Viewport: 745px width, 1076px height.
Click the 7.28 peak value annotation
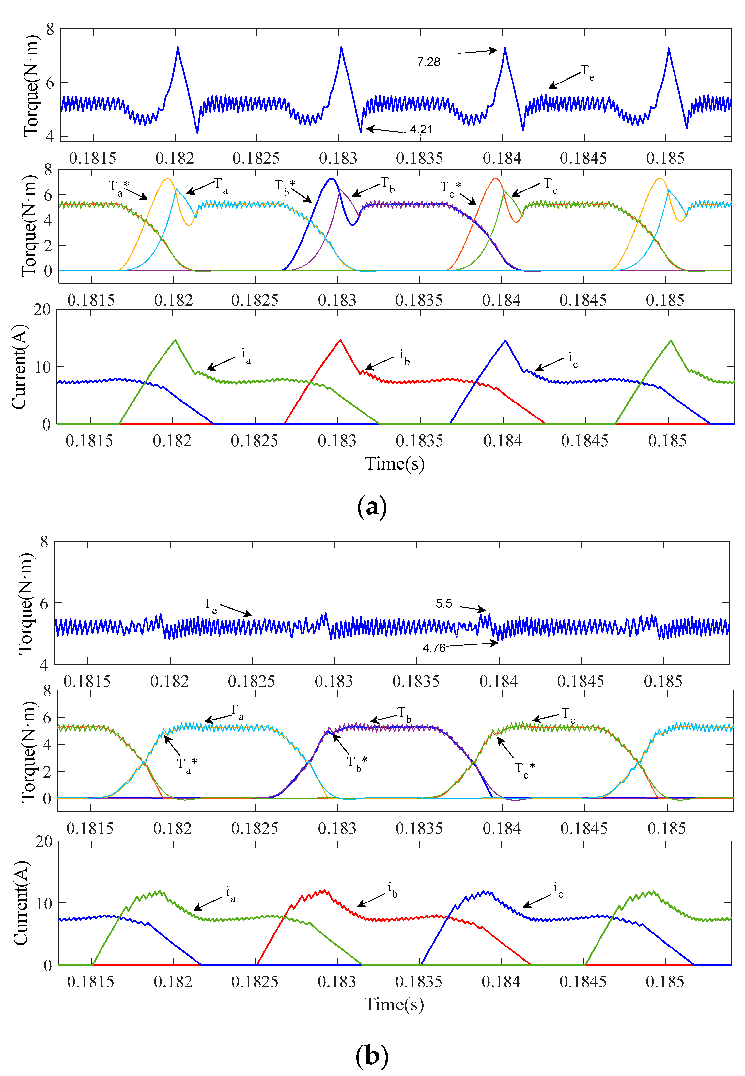click(428, 62)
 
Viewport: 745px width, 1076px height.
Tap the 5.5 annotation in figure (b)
click(443, 603)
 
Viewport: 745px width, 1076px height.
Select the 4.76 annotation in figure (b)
click(434, 648)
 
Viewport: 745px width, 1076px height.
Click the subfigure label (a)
click(372, 506)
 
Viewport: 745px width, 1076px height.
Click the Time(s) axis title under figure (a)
click(395, 464)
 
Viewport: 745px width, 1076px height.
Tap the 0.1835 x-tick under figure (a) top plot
click(419, 158)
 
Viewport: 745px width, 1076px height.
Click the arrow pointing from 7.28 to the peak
click(477, 51)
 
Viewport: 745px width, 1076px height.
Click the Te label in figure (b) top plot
click(210, 604)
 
